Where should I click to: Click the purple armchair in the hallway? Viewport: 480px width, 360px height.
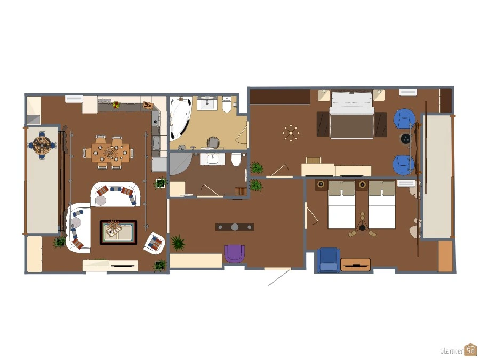pos(235,254)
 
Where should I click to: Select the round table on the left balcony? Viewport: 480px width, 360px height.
pos(42,145)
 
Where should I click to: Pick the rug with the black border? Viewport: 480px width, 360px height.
pos(118,233)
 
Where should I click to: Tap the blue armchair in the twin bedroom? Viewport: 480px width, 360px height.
pos(329,260)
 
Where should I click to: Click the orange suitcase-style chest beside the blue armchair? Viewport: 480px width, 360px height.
pos(355,265)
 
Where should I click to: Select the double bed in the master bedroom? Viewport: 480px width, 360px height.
pos(352,114)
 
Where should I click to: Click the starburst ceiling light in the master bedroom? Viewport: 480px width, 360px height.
pos(291,133)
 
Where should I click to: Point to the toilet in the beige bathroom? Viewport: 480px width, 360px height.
pos(227,105)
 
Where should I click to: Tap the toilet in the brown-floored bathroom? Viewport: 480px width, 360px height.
pos(236,159)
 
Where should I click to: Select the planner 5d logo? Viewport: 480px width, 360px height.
pos(458,350)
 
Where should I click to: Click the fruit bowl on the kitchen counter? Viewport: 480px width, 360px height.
pos(116,105)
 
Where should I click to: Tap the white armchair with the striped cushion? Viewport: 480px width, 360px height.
pos(155,243)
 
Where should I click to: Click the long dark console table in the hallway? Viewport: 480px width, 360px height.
pos(235,227)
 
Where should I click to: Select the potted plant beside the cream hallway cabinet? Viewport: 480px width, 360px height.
pos(178,243)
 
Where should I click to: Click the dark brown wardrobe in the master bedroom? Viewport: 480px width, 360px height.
pos(280,97)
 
